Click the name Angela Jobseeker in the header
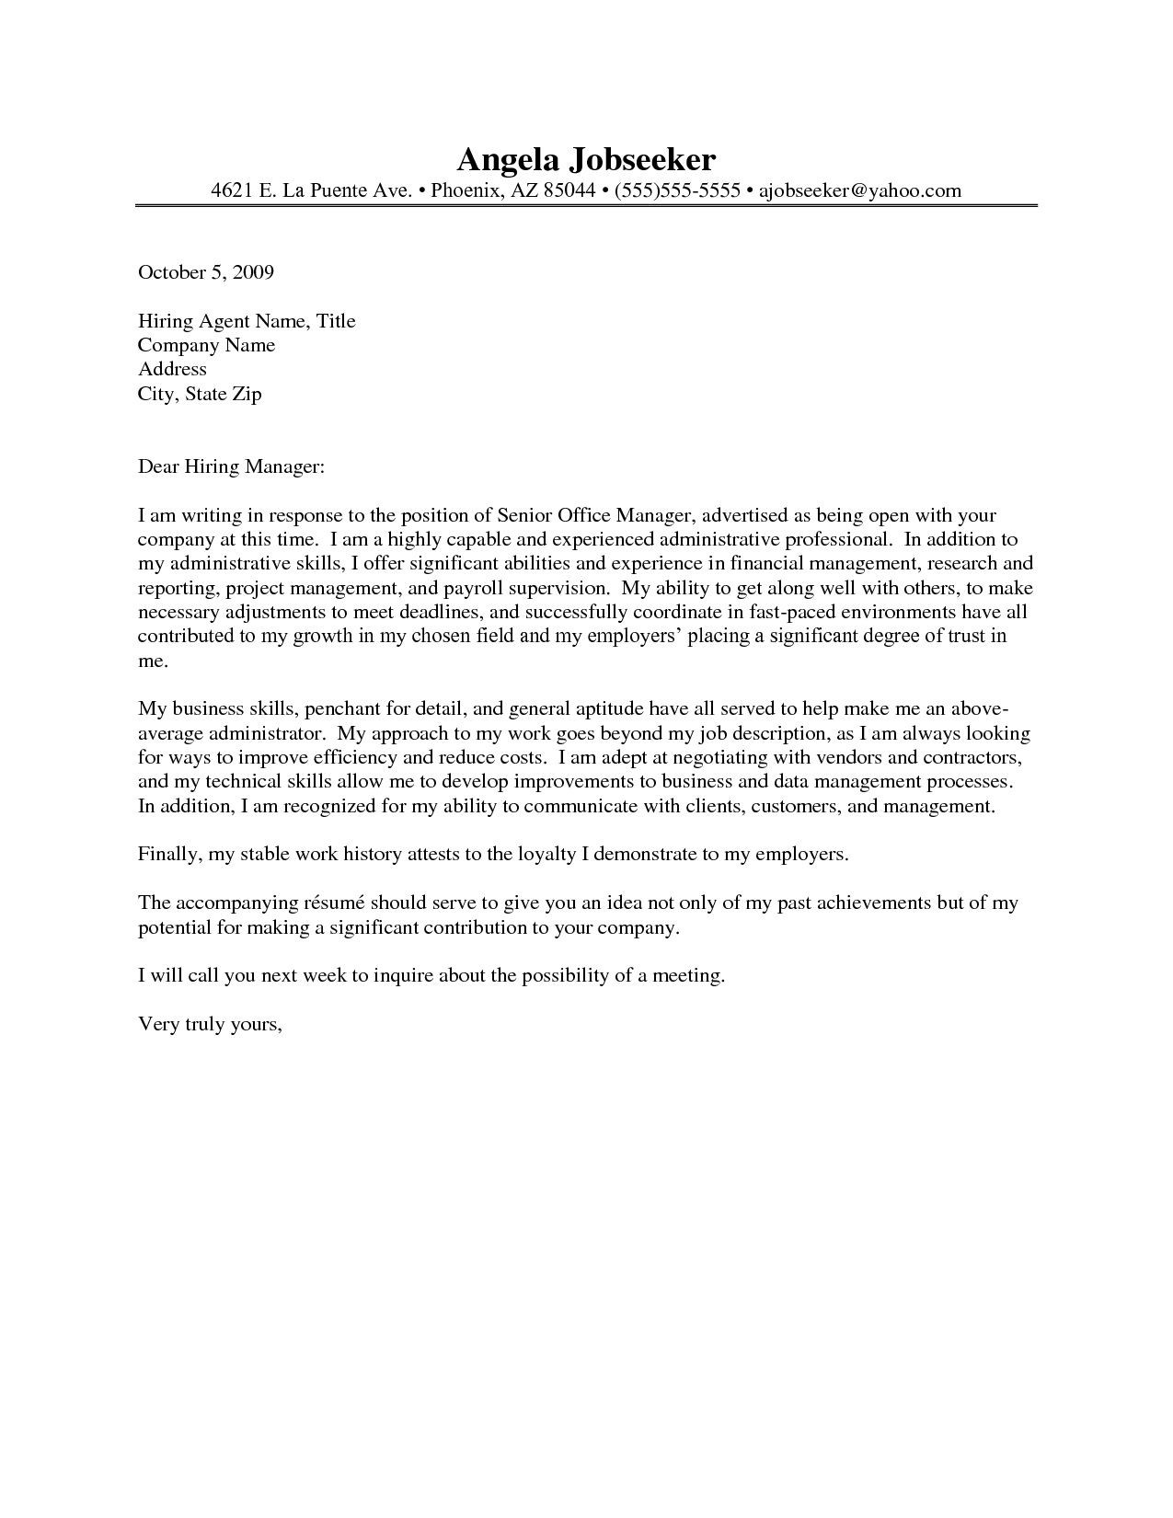(x=586, y=159)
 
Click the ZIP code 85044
(x=569, y=190)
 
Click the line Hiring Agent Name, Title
(x=247, y=321)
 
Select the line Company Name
(x=206, y=345)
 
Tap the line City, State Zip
(x=200, y=394)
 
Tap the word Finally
(x=169, y=855)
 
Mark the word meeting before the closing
(x=687, y=976)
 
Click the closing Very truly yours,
(x=210, y=1024)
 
